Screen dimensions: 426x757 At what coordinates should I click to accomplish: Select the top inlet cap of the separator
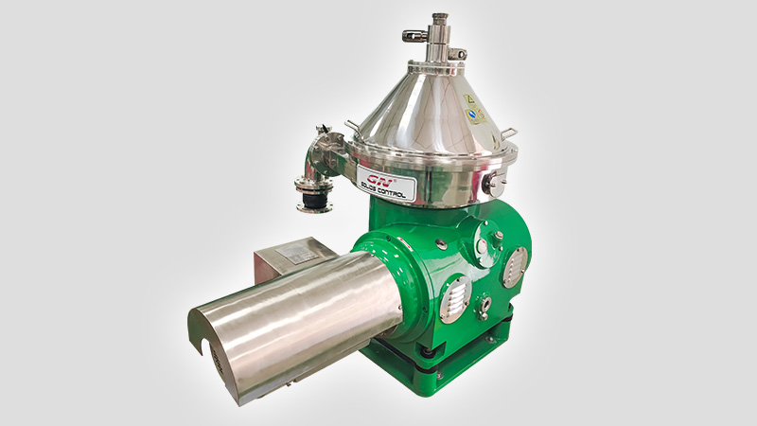[x=439, y=18]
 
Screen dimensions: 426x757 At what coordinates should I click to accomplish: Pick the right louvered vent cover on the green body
[x=515, y=267]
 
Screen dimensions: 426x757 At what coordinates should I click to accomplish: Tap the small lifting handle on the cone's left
[x=353, y=125]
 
